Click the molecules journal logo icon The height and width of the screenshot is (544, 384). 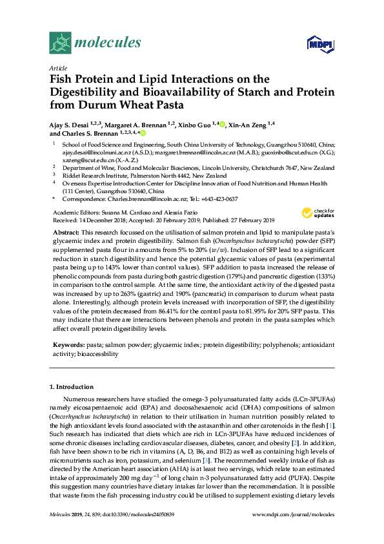(x=60, y=43)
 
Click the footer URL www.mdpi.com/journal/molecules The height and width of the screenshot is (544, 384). (x=294, y=531)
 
